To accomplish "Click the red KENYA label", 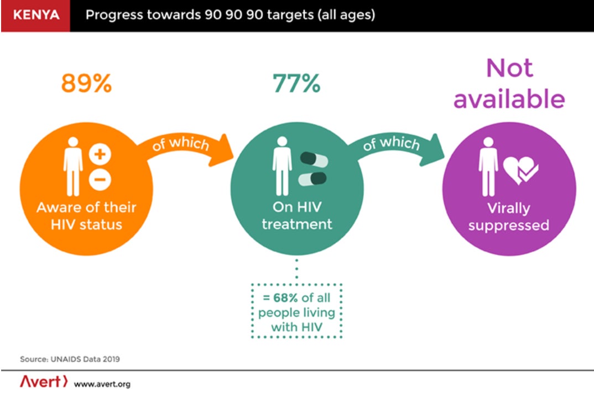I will point(35,15).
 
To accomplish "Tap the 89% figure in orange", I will point(86,83).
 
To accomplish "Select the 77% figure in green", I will point(296,83).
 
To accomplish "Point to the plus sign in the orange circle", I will point(100,155).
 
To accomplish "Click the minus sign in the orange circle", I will point(100,179).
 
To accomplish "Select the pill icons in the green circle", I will point(312,169).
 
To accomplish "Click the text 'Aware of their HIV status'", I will point(86,216).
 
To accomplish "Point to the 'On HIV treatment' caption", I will point(297,216).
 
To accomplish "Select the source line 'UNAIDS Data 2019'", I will point(70,359).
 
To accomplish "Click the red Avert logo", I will point(44,382).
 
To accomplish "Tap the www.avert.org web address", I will point(102,384).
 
